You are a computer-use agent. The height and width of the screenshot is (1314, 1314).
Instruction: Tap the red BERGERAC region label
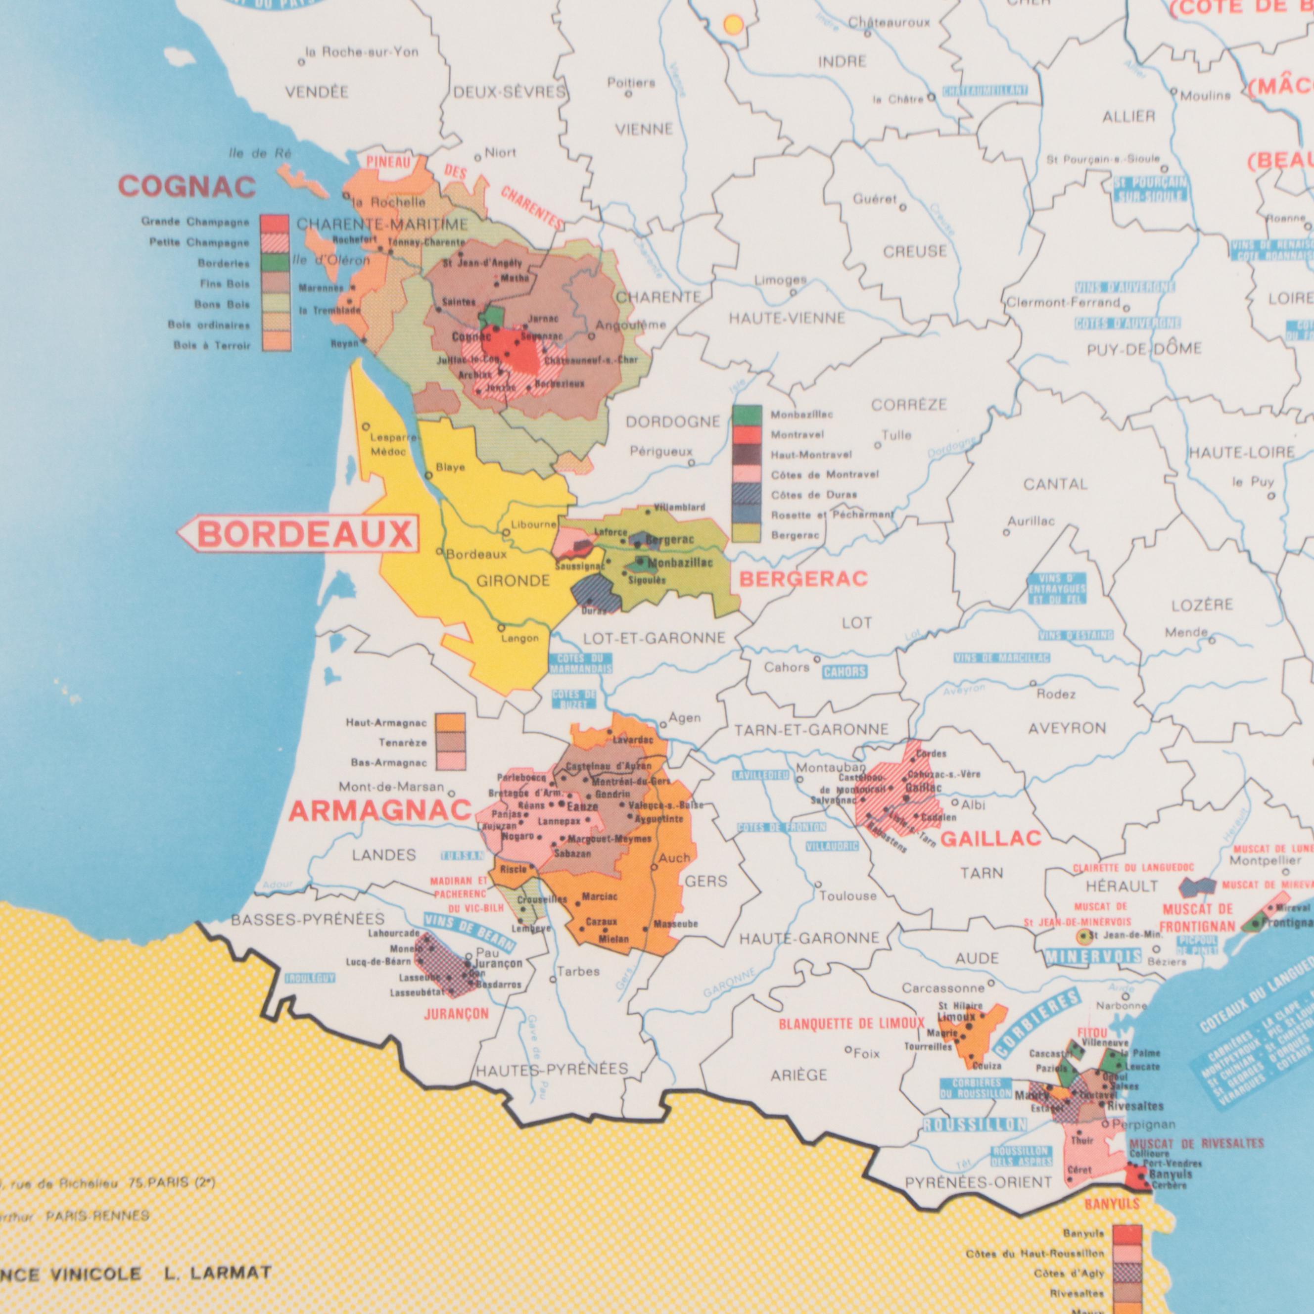click(803, 579)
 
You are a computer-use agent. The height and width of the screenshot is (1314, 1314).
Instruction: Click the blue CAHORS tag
click(845, 672)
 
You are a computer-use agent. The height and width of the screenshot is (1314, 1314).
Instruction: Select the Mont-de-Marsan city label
click(391, 788)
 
